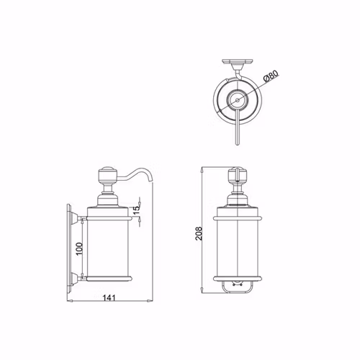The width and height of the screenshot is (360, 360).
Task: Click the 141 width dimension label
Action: point(109,298)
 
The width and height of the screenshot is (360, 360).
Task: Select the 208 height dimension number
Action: point(199,233)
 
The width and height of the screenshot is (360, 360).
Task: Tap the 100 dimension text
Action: point(79,249)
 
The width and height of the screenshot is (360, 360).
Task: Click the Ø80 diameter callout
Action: point(271,76)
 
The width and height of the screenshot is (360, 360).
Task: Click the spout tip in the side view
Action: point(150,181)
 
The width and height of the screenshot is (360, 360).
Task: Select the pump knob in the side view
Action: point(107,175)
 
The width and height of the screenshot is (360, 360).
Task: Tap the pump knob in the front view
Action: point(238,175)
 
